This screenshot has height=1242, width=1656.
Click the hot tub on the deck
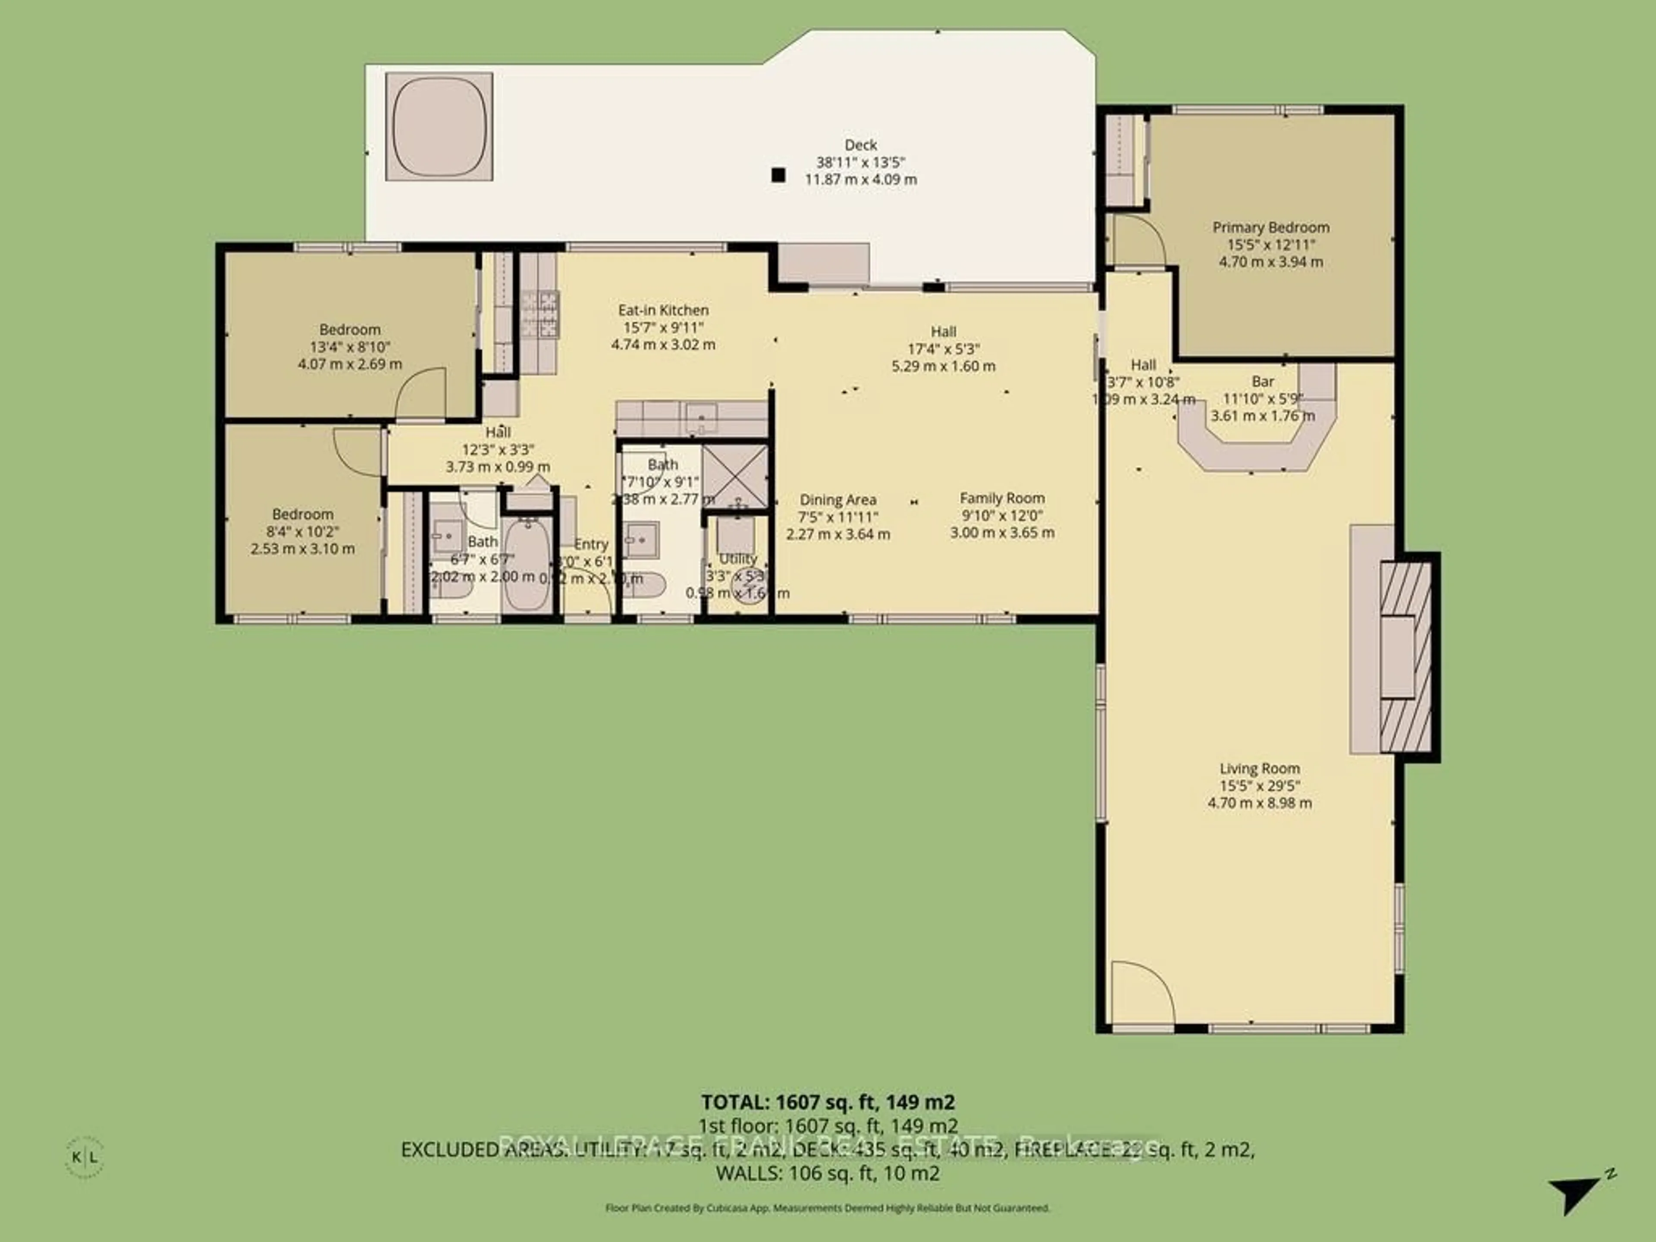coord(439,126)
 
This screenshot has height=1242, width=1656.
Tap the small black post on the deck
coord(778,175)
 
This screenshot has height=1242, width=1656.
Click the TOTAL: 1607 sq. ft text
coord(827,1102)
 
